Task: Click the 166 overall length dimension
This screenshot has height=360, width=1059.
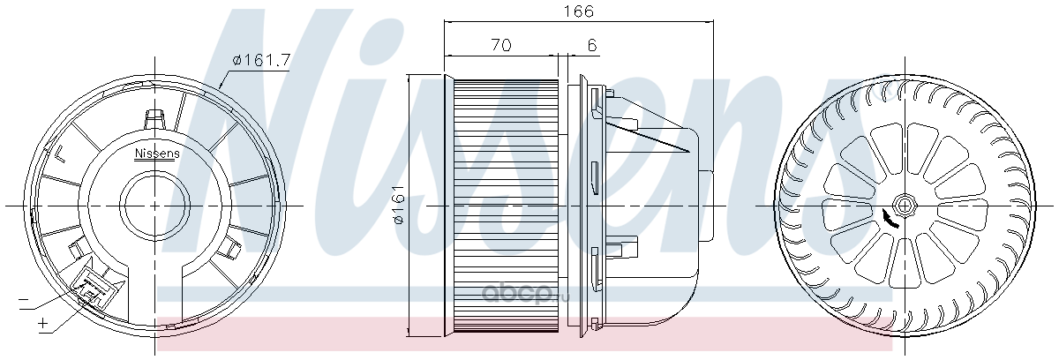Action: (x=578, y=11)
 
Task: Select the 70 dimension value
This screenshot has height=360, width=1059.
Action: (x=501, y=45)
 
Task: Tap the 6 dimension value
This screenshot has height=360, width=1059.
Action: (x=592, y=45)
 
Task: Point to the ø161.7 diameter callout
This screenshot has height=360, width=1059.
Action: (x=261, y=60)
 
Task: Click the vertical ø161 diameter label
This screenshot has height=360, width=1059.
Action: (x=399, y=204)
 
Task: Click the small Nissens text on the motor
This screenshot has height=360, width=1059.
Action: (x=157, y=153)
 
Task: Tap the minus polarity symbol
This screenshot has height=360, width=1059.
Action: (x=23, y=300)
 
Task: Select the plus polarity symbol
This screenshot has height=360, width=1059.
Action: (x=43, y=323)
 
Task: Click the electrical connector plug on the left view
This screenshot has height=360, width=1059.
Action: (x=94, y=289)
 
